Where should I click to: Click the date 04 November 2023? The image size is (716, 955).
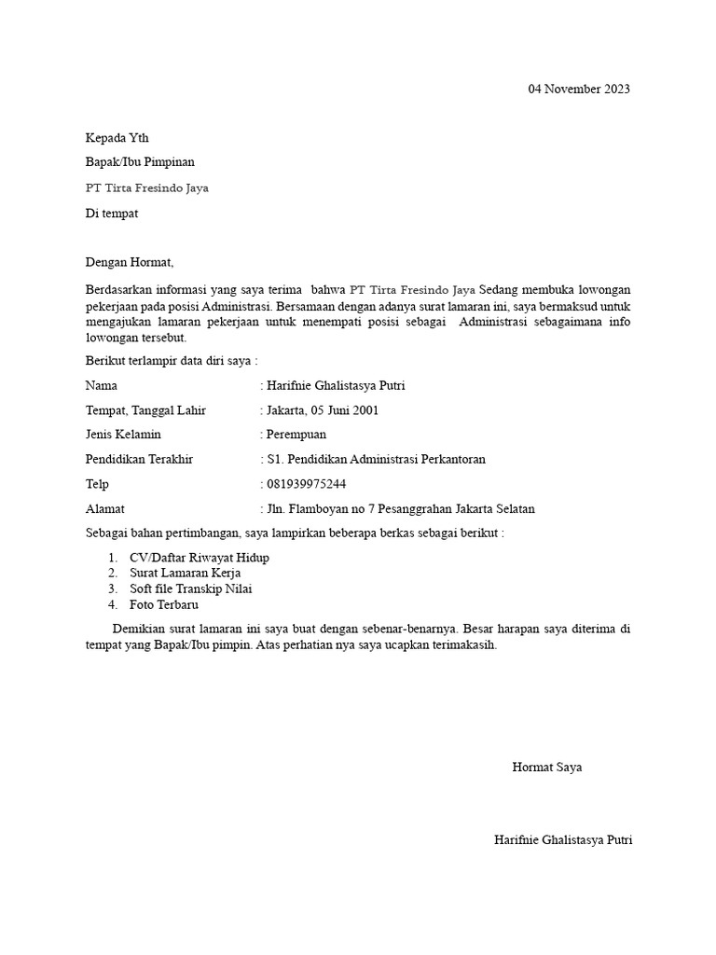tap(579, 90)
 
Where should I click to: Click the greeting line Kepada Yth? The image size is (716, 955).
tap(117, 137)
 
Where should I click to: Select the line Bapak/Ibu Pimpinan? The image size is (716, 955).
tap(140, 162)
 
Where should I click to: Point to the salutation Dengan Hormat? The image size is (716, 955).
tap(130, 262)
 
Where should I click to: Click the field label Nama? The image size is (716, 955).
tap(102, 385)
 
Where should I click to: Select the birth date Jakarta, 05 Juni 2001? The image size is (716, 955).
tap(323, 410)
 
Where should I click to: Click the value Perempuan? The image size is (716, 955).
tap(296, 435)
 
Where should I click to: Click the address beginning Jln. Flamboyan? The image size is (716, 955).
tap(400, 509)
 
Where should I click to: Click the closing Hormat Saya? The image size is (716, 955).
tap(546, 768)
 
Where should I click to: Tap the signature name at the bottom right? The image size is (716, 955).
tap(563, 839)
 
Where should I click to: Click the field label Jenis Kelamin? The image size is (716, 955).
tap(123, 435)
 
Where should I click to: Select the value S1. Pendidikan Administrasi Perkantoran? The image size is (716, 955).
tap(376, 459)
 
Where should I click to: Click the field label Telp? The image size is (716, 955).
tap(97, 484)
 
